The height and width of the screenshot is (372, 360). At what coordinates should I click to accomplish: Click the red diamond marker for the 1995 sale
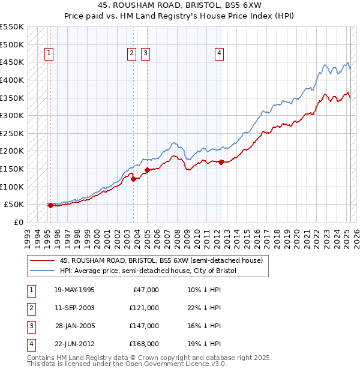50,205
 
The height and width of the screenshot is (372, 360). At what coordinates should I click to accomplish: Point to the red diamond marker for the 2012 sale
221,162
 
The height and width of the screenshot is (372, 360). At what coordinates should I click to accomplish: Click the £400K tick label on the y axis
12,80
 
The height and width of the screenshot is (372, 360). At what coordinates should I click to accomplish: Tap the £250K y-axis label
12,133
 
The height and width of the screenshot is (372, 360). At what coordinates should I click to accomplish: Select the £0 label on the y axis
19,222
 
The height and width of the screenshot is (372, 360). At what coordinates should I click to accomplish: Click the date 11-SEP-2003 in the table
74,308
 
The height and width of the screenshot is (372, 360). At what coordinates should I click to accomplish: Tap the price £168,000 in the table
144,344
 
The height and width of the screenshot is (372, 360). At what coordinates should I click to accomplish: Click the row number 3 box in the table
31,326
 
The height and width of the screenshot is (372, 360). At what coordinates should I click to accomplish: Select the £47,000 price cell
146,290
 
